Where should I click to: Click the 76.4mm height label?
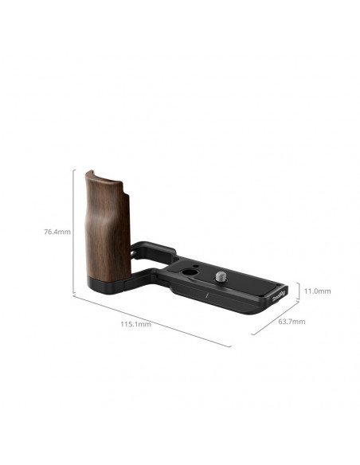click(x=57, y=232)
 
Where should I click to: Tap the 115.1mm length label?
click(x=135, y=324)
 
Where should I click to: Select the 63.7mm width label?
click(x=292, y=322)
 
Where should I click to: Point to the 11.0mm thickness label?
click(x=317, y=291)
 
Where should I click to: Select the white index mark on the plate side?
click(x=208, y=295)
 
